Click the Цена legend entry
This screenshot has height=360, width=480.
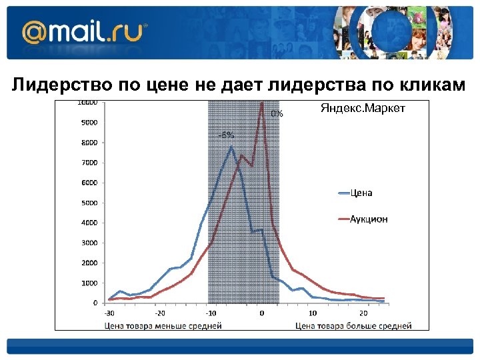coord(359,193)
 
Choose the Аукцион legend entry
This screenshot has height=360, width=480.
coord(369,219)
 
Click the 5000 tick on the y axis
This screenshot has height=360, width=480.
coord(89,203)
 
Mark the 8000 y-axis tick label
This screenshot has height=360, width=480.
coord(89,143)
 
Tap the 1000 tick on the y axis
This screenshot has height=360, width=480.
coord(89,283)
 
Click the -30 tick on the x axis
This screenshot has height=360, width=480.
coord(109,313)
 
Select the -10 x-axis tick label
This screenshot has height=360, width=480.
coord(211,313)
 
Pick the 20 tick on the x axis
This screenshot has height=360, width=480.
coord(363,313)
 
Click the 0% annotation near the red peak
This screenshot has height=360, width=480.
coord(277,113)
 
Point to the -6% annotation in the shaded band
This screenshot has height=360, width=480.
coord(226,135)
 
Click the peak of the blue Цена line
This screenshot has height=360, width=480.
coord(232,147)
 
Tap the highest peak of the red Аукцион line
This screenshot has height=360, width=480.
coord(262,103)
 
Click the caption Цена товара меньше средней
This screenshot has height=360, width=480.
coord(163,325)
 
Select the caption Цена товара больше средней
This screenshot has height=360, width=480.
coord(353,325)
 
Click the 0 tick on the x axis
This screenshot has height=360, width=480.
coord(262,313)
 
